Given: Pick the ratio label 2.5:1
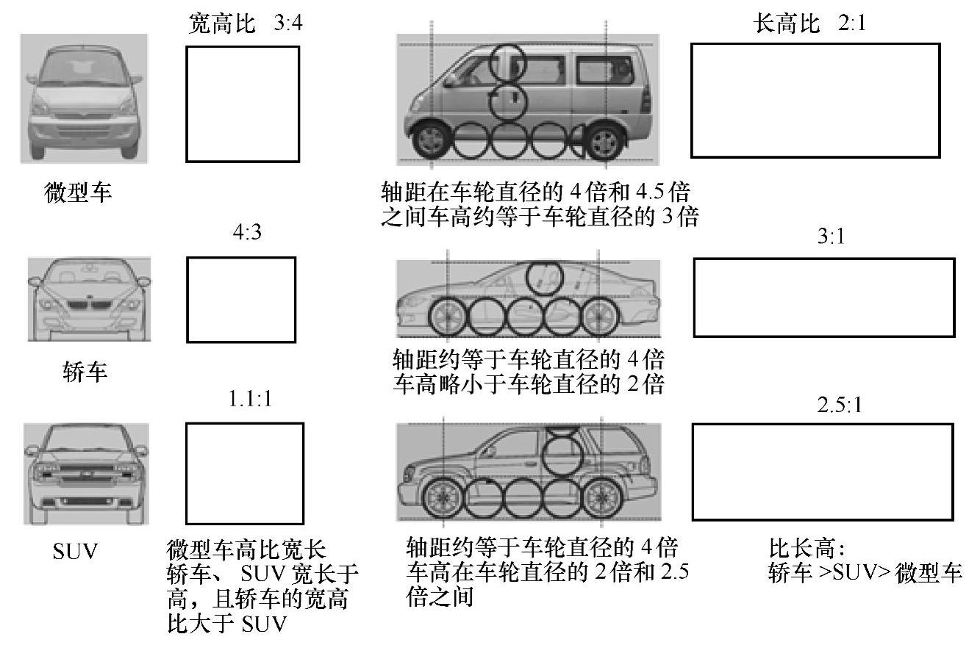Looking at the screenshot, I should [839, 406].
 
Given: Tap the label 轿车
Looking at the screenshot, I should [85, 371].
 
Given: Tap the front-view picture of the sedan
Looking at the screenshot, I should [89, 298].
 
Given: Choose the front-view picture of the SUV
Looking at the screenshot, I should [86, 472].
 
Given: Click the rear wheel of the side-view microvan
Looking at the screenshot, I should [604, 139].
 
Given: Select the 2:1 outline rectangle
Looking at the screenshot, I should [815, 100].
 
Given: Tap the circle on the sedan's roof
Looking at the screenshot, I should [545, 277].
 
